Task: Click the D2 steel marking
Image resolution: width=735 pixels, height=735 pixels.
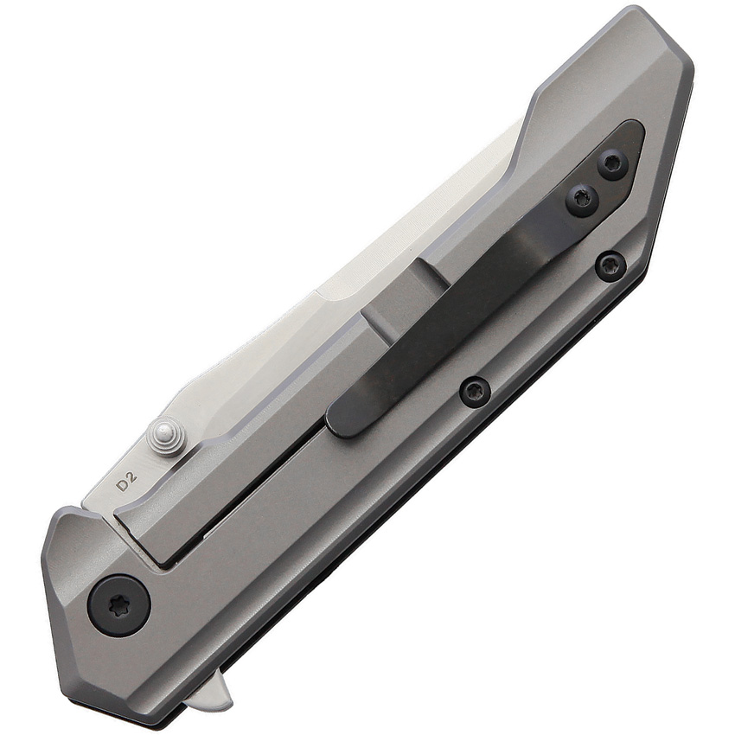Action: [x=127, y=483]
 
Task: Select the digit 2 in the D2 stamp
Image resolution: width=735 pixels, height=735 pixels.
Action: [x=133, y=478]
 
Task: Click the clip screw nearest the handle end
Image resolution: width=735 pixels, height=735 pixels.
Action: [x=613, y=163]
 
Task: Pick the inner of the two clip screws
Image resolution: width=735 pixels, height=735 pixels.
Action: [x=582, y=201]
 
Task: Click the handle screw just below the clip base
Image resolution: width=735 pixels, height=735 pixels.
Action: [x=610, y=265]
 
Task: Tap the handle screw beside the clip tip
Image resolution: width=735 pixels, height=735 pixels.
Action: [x=475, y=391]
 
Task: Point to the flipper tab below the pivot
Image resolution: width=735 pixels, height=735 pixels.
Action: [x=212, y=692]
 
